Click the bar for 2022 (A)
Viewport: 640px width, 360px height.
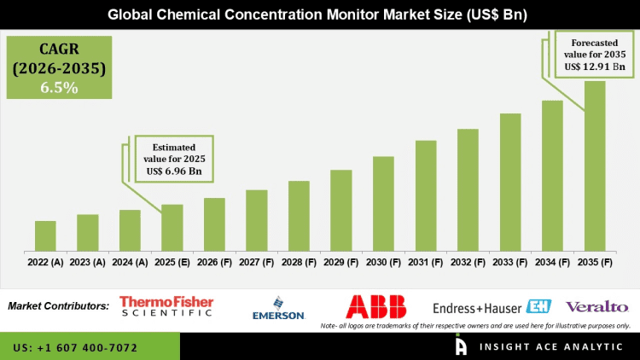point(45,236)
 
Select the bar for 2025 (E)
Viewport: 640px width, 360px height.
point(172,228)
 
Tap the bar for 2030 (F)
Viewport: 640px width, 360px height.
point(383,204)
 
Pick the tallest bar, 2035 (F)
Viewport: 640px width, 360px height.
point(595,166)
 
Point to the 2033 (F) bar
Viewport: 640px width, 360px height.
point(510,183)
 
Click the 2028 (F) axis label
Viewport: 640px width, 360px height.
point(299,262)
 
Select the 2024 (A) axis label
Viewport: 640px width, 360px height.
point(130,262)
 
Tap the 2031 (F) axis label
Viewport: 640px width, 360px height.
point(426,262)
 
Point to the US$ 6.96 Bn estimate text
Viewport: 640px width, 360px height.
point(174,171)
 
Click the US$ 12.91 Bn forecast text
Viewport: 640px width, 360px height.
point(595,67)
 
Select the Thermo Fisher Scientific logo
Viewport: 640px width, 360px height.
point(166,305)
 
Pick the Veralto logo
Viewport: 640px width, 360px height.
point(596,306)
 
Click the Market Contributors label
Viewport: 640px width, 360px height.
point(58,305)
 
